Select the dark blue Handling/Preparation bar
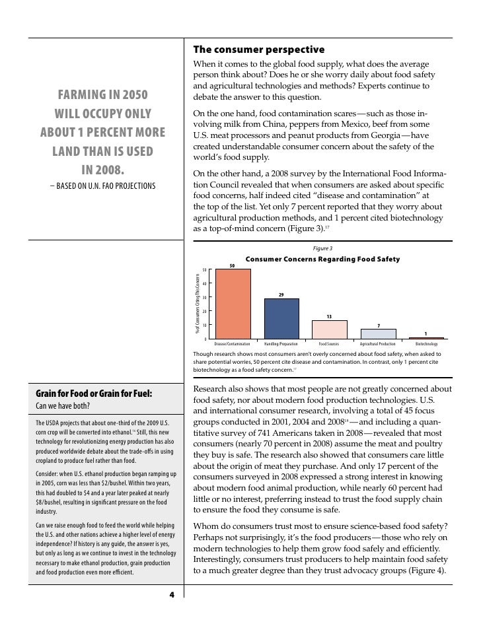(x=281, y=319)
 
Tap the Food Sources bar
(x=329, y=329)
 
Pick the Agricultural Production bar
(x=378, y=334)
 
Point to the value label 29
(x=281, y=294)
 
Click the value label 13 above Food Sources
(x=329, y=316)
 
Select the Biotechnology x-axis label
(x=426, y=345)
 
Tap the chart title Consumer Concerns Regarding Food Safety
(x=322, y=259)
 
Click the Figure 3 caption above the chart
(x=323, y=249)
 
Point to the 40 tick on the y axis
(x=204, y=284)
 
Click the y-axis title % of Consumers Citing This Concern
(x=197, y=303)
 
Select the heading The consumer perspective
(x=258, y=50)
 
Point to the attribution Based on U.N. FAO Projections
(x=103, y=186)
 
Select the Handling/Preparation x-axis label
(x=281, y=345)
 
